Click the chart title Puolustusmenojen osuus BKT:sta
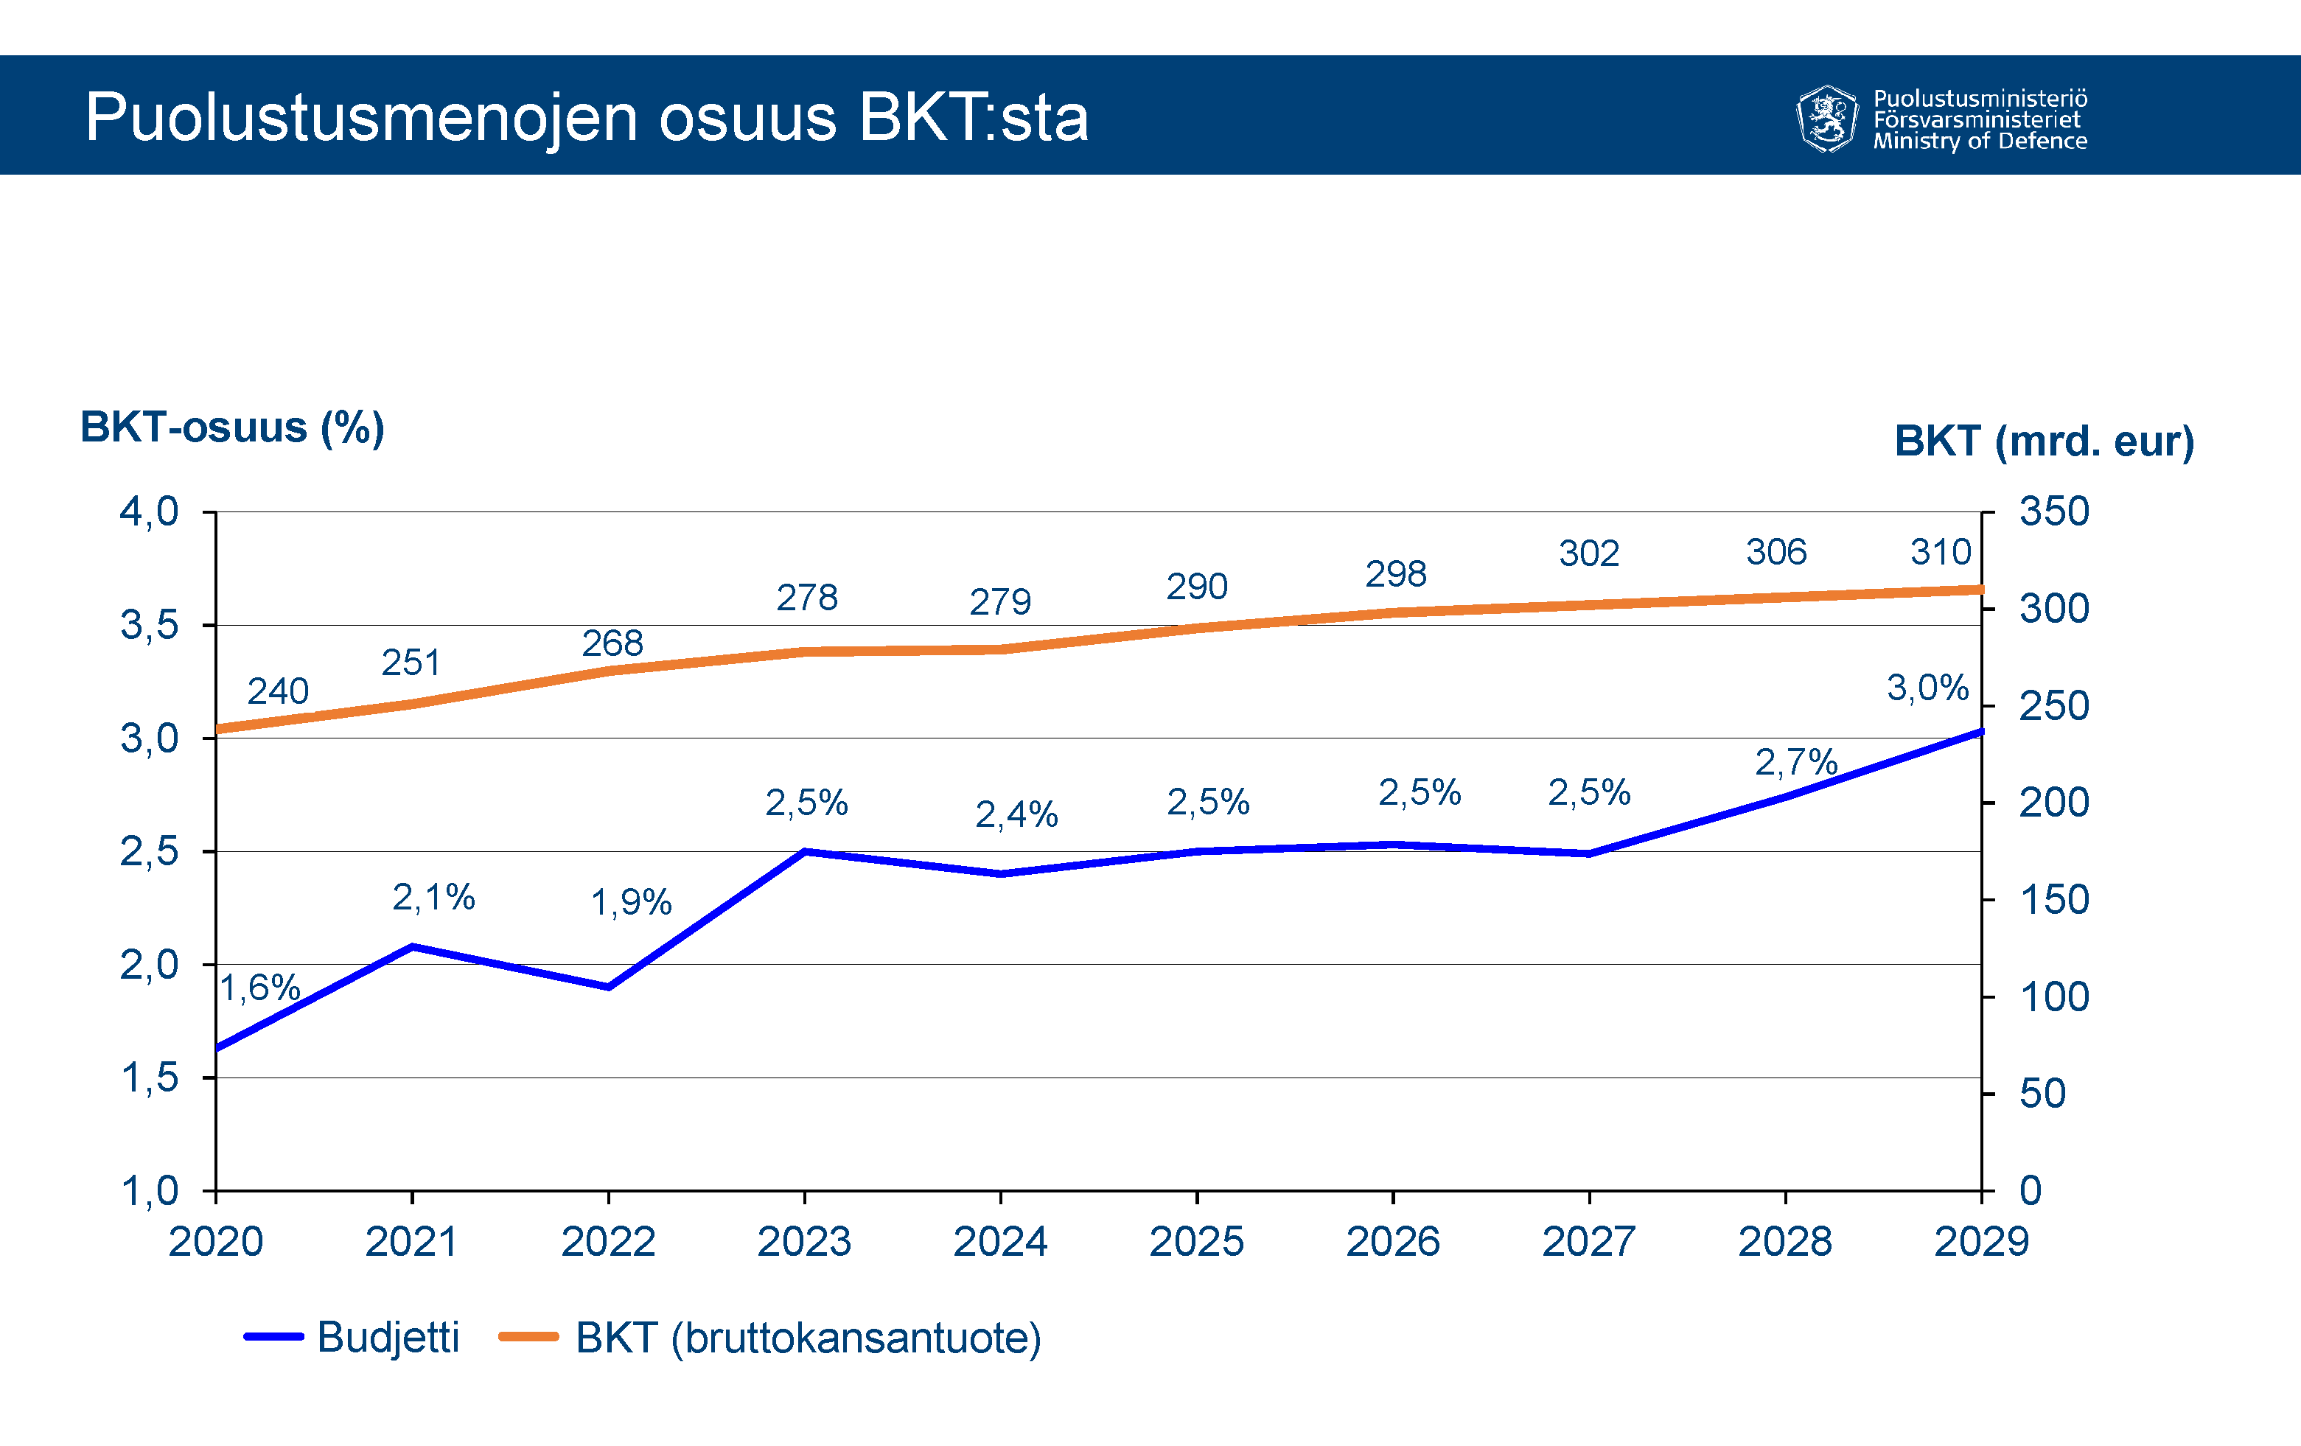586,118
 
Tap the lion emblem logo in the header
1826,119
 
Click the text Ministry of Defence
1979,142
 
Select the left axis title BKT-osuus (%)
232,427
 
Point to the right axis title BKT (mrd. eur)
2044,441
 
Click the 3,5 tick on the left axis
149,625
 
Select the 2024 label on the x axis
999,1241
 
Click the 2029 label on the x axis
1981,1241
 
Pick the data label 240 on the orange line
277,691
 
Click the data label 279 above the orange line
999,602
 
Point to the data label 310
1940,551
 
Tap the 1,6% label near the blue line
260,988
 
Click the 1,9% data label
631,902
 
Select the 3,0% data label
1927,687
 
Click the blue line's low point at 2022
609,986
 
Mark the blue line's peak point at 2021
412,946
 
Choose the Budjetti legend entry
352,1337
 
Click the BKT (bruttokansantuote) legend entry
770,1337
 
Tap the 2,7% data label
1795,762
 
